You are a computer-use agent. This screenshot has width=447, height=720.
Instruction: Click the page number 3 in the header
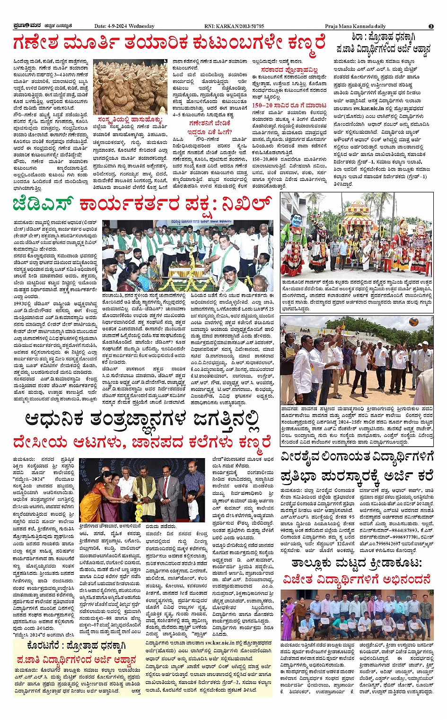tap(431, 26)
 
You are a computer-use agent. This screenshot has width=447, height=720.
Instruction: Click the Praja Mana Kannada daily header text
tap(355, 26)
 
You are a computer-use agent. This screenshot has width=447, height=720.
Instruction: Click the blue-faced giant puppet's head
tap(296, 220)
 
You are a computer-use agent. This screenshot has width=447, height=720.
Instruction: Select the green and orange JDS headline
tap(142, 204)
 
